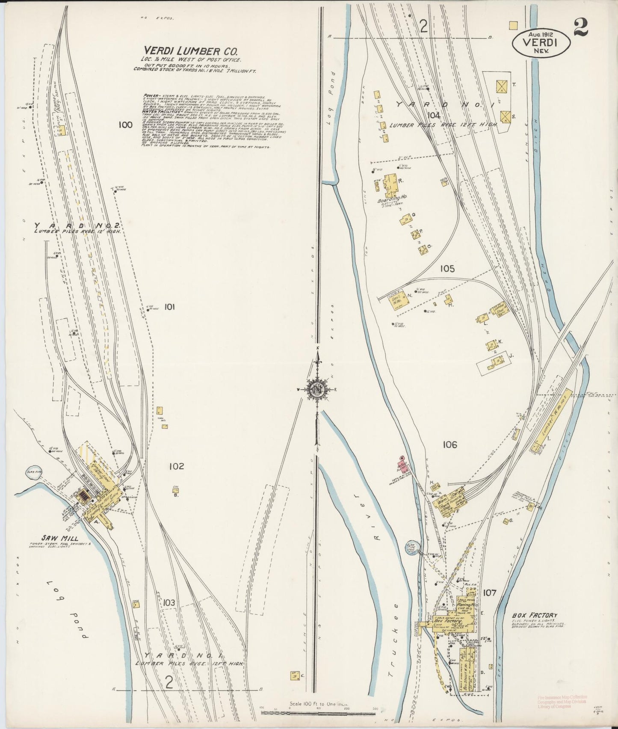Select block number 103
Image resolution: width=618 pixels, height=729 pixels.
point(169,602)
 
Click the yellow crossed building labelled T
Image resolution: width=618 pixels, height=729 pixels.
point(501,86)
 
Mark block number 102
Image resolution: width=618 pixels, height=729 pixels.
point(176,466)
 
